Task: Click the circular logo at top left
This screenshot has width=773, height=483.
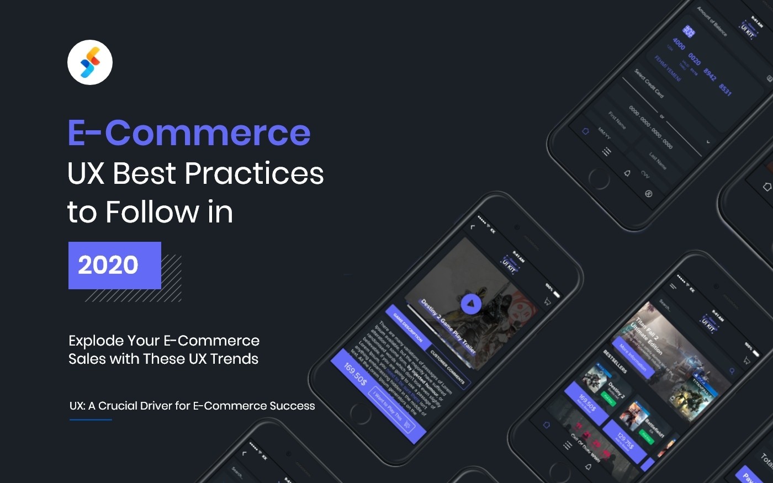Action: (x=90, y=62)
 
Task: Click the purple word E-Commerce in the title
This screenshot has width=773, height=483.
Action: (x=189, y=133)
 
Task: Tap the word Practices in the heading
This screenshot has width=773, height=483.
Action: (x=254, y=173)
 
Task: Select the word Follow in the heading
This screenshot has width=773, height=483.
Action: (x=153, y=212)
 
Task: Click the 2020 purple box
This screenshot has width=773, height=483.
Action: (x=115, y=266)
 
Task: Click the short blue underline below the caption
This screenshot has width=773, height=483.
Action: (x=91, y=420)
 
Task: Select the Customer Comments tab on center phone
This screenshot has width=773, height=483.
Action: (x=448, y=366)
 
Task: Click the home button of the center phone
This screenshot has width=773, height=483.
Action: (x=361, y=413)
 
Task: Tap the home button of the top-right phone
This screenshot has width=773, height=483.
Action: (x=599, y=179)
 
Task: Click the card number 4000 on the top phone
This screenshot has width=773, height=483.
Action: (x=679, y=44)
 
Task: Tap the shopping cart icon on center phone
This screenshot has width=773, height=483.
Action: (x=547, y=301)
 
